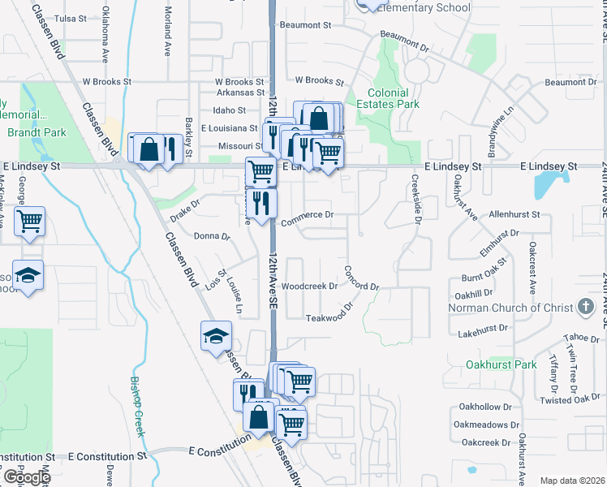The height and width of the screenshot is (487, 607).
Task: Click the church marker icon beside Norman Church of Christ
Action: [x=585, y=308]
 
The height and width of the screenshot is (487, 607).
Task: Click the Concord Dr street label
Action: [x=361, y=278]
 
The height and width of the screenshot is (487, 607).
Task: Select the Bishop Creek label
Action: [x=136, y=407]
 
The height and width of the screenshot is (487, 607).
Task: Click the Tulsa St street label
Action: [x=70, y=18]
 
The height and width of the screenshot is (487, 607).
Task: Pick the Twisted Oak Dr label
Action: [x=571, y=399]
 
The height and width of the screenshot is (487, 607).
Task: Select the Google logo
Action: [x=26, y=477]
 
